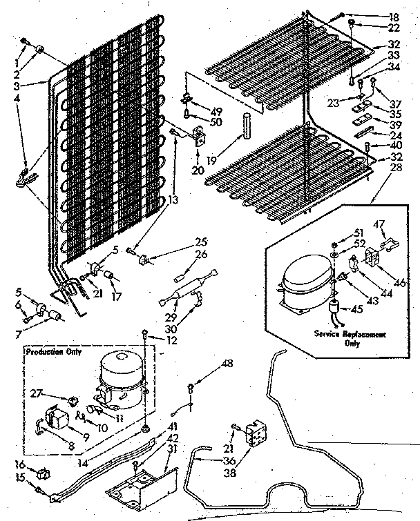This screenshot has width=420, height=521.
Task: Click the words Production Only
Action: coord(53,351)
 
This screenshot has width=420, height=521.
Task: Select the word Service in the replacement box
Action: coord(330,334)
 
